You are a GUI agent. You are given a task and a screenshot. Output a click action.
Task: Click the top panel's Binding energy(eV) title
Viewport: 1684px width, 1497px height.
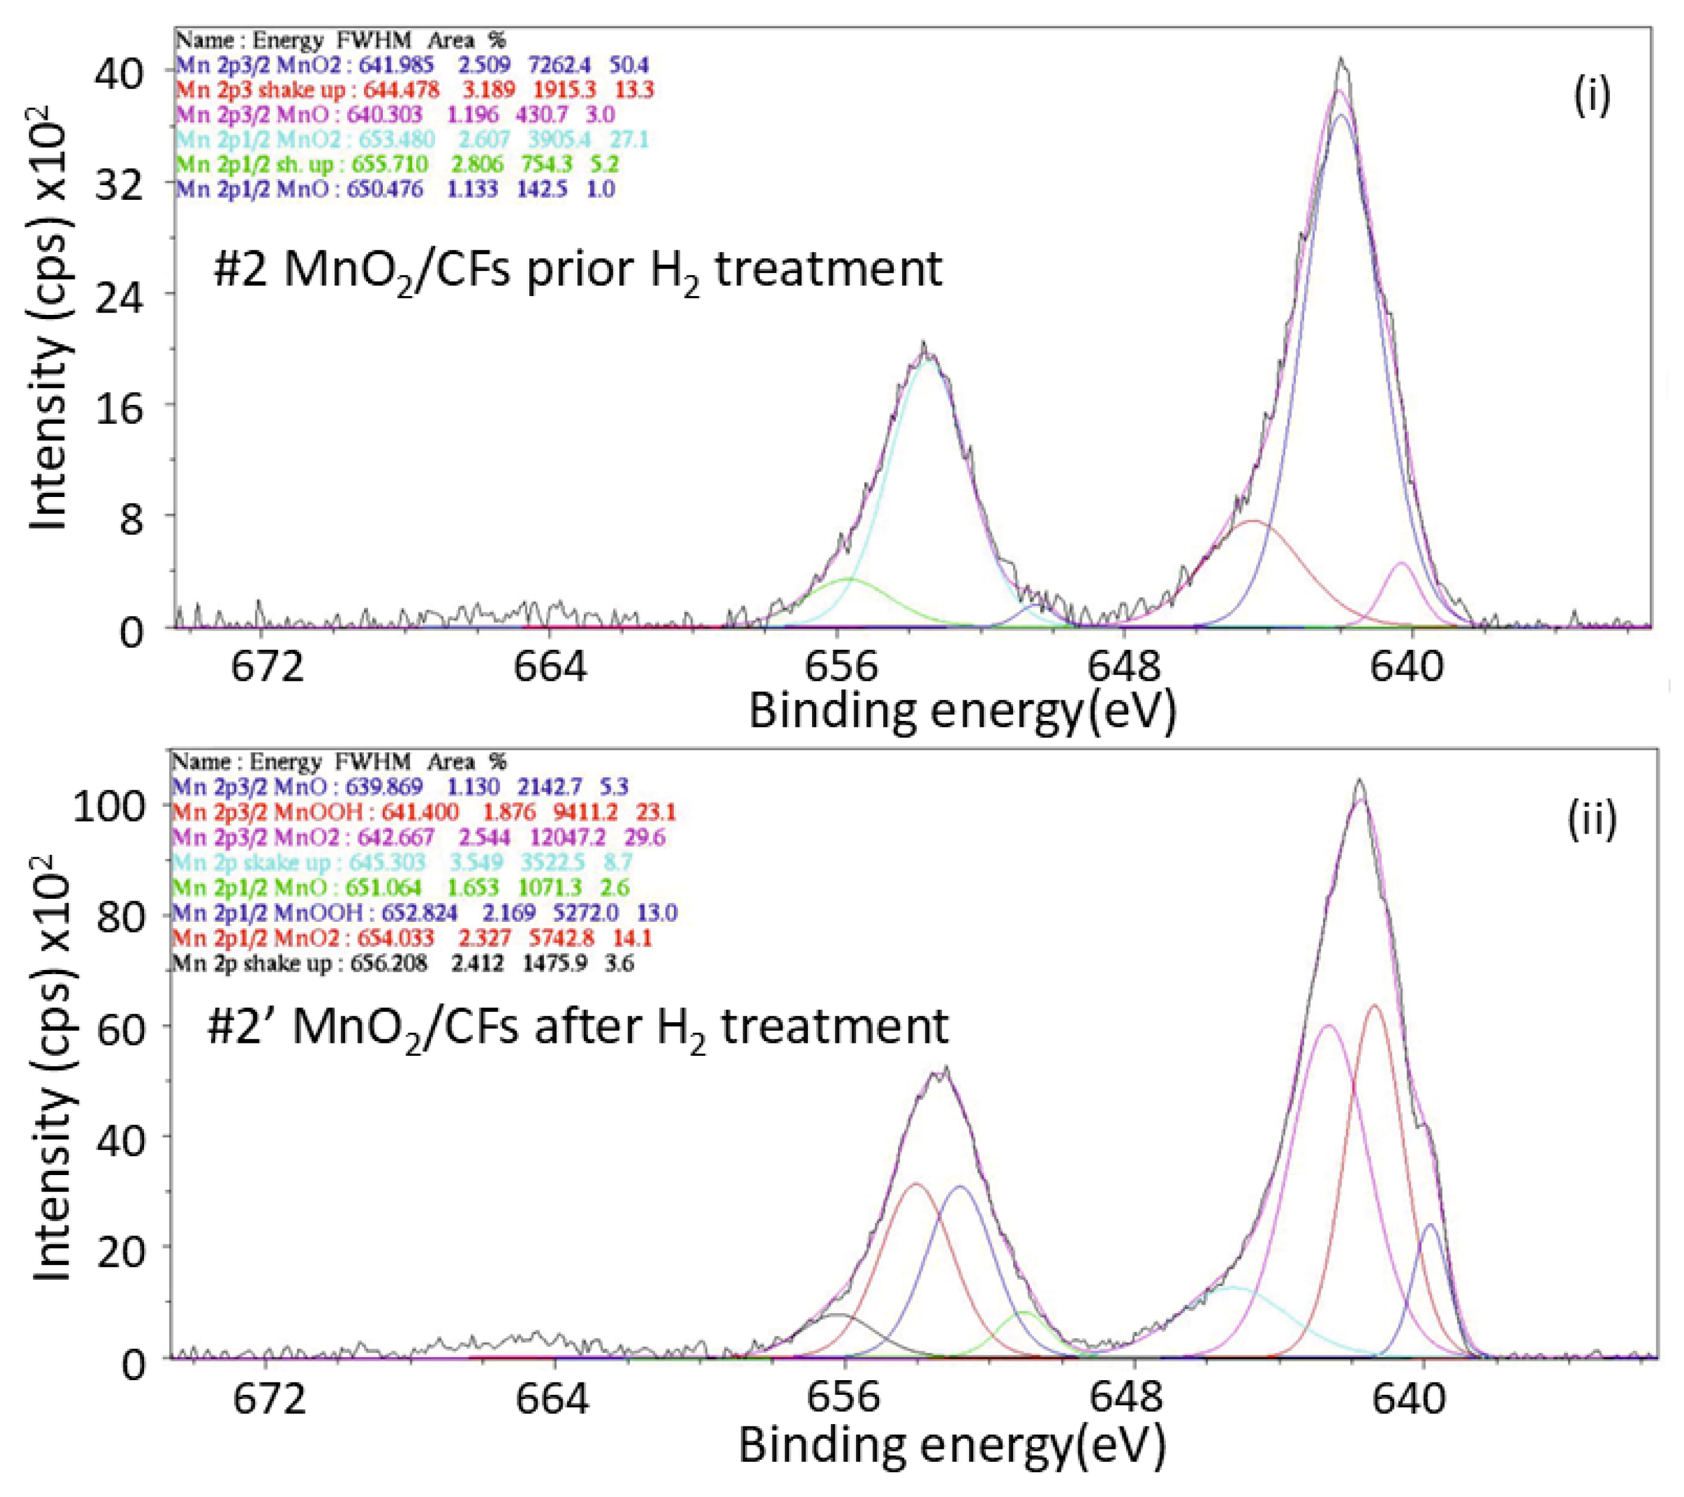click(961, 710)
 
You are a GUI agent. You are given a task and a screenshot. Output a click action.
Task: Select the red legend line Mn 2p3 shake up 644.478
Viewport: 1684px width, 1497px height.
click(415, 89)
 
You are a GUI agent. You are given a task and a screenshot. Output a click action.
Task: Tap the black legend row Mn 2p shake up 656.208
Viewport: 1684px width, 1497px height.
click(403, 962)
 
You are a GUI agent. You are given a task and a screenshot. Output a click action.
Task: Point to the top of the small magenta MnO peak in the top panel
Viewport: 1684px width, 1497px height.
click(1401, 563)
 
